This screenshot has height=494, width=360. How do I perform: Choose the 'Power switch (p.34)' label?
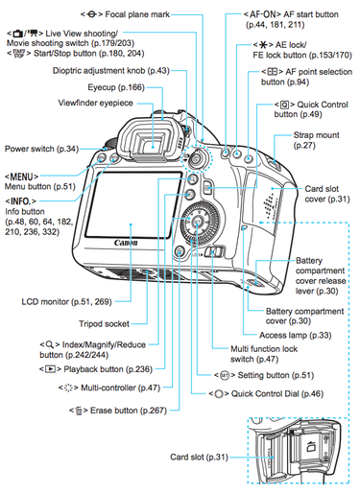[41, 149]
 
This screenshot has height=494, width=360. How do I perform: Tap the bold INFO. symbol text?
[21, 202]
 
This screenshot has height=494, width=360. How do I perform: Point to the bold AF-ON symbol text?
[252, 12]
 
